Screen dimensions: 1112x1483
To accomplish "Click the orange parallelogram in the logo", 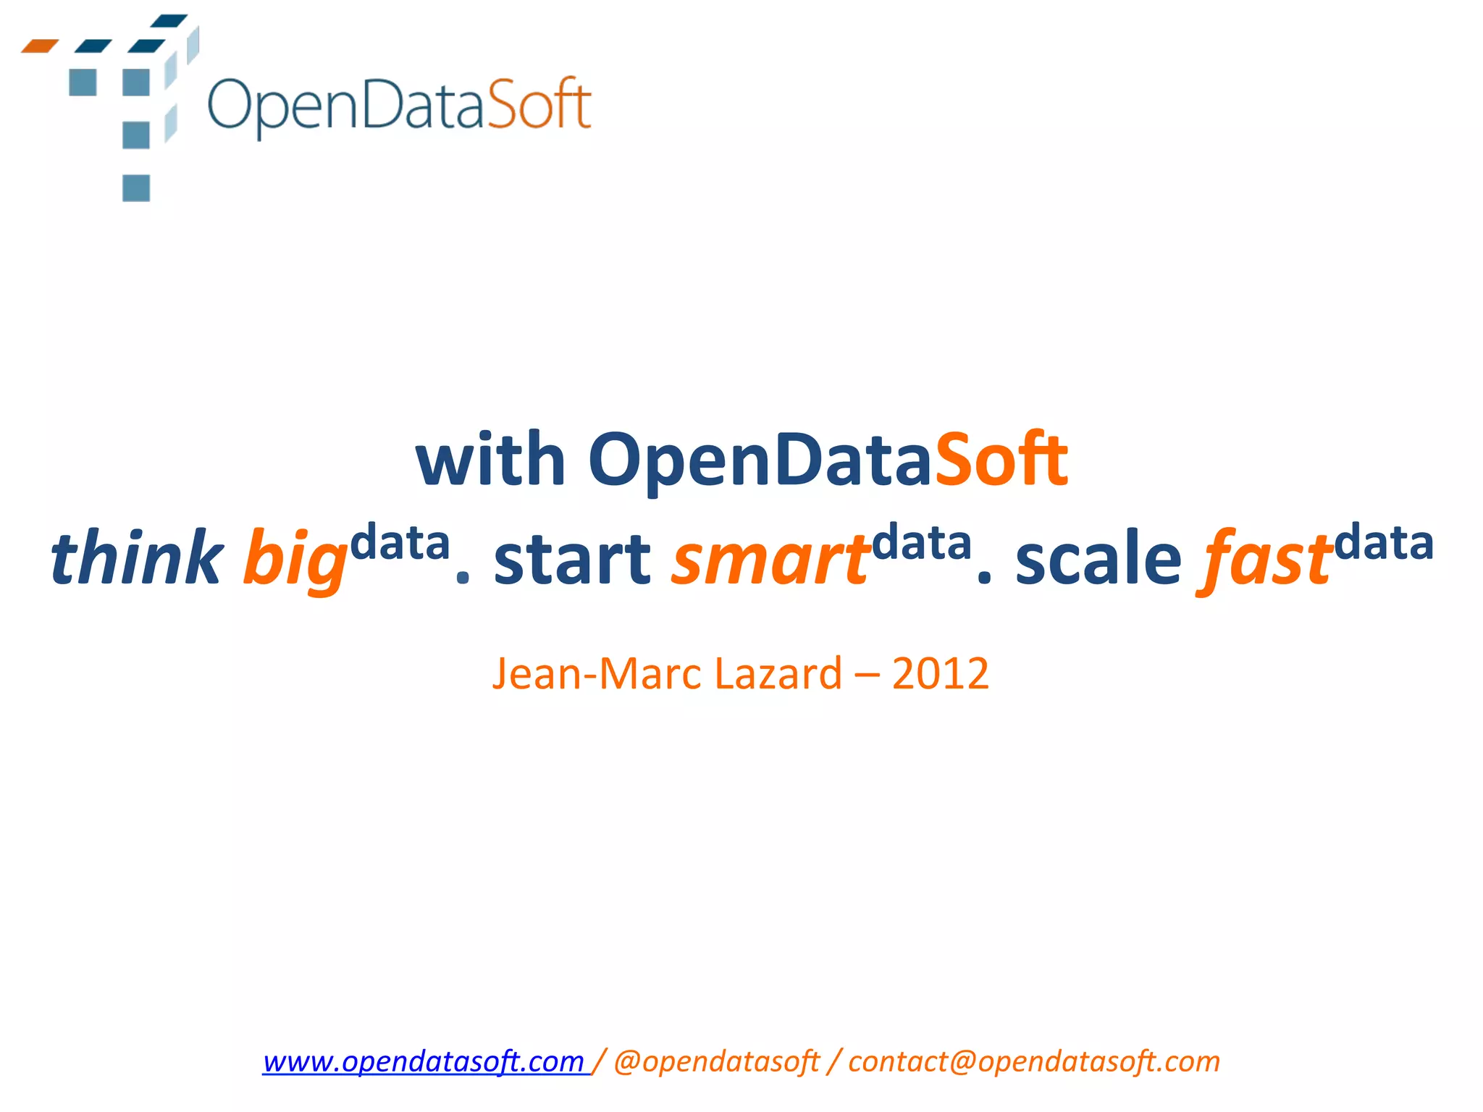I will [x=40, y=46].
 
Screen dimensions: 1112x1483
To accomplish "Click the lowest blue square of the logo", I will [x=136, y=188].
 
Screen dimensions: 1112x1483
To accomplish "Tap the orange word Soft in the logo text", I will [x=539, y=105].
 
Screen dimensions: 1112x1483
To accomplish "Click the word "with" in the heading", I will [x=490, y=460].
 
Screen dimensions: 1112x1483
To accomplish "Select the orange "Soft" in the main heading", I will [x=1001, y=460].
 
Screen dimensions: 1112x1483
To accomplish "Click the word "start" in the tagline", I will [x=572, y=559].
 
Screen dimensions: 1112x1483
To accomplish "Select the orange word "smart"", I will [x=770, y=559].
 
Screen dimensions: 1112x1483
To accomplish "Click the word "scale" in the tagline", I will [x=1098, y=559].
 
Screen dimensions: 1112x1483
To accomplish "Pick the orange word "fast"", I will [x=1266, y=559].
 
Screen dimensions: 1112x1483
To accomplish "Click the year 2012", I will [x=940, y=674].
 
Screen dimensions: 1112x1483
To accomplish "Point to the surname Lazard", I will [x=778, y=674].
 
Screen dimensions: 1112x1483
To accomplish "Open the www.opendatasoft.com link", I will [x=424, y=1062].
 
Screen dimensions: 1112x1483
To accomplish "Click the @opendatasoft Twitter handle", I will [x=716, y=1062].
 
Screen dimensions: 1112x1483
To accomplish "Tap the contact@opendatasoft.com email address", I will [x=1034, y=1062].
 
